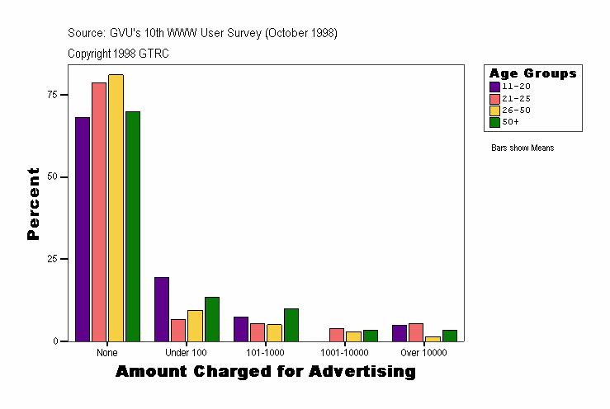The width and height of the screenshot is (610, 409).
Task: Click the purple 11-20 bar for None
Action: point(82,229)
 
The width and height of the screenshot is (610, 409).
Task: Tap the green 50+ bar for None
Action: point(132,226)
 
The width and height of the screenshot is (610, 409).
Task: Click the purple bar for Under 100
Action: point(162,309)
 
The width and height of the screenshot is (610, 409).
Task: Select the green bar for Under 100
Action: point(212,319)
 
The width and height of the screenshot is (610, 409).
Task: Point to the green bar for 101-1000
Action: point(291,325)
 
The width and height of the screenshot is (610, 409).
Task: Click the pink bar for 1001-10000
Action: point(337,335)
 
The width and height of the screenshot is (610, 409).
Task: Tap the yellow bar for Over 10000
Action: point(433,339)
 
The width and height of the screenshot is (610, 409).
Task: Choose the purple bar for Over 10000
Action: point(399,333)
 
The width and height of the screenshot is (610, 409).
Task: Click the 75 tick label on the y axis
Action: point(53,95)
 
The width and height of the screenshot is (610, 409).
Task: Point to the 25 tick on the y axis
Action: point(53,259)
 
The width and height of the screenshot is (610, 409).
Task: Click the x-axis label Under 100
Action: point(186,353)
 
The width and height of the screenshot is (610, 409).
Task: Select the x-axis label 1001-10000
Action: point(344,353)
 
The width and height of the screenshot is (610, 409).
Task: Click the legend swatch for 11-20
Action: point(494,87)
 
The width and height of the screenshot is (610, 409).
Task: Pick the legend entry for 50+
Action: point(510,122)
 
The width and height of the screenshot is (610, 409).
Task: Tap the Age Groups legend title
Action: point(532,73)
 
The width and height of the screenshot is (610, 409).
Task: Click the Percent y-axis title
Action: point(33,204)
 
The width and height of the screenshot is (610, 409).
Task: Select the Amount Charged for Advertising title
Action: point(265,372)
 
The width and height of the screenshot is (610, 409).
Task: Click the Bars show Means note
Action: point(522,148)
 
